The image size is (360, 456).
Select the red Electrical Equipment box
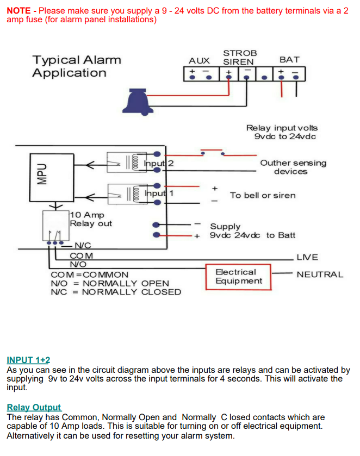(x=239, y=277)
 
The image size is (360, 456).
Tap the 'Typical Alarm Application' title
(x=76, y=66)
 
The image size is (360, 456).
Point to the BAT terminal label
(x=289, y=59)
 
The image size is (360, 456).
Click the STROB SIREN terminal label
(x=239, y=57)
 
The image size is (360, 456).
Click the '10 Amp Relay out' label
(x=90, y=219)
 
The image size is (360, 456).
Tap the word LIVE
(x=307, y=257)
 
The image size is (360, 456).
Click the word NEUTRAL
(x=320, y=274)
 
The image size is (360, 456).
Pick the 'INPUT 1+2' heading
(x=28, y=360)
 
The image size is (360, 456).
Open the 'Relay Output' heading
(x=34, y=407)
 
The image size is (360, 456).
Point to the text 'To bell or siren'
(x=263, y=195)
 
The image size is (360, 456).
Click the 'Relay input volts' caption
(x=282, y=128)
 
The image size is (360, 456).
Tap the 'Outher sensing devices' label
(x=293, y=167)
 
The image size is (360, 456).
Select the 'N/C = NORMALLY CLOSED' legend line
(x=116, y=292)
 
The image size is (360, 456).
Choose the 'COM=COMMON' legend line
(x=89, y=274)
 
